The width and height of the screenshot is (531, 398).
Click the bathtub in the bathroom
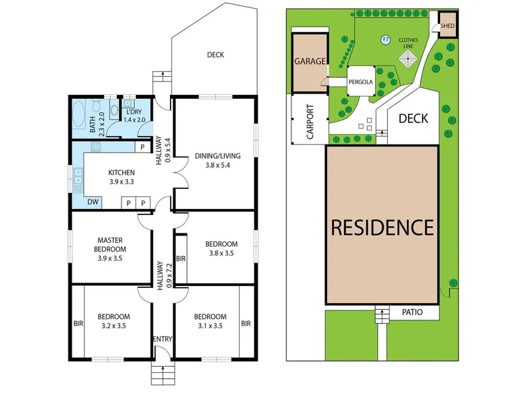79,115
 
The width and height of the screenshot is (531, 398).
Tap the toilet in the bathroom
96,105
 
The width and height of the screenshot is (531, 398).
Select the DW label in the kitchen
93,202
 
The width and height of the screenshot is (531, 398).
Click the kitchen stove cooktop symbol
96,147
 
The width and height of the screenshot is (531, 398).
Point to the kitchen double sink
78,176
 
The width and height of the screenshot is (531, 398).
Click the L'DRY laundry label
134,112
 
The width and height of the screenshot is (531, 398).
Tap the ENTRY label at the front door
163,339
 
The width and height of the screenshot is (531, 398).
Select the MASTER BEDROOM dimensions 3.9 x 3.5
110,258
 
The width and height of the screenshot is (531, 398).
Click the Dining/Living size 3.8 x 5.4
218,165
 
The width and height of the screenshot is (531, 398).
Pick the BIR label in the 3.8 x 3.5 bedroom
181,259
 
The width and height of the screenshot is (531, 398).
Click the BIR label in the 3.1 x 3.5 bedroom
246,324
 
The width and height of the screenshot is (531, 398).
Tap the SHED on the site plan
447,25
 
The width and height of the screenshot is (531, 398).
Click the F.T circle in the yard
386,40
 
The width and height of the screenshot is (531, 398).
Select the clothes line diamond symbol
408,58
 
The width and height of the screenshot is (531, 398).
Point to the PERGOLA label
360,82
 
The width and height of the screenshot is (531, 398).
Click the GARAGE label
310,61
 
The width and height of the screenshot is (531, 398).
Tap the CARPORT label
310,122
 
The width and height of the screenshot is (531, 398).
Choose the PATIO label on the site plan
412,312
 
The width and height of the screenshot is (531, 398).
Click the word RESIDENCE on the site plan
382,227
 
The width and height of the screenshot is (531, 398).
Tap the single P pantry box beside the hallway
143,147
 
